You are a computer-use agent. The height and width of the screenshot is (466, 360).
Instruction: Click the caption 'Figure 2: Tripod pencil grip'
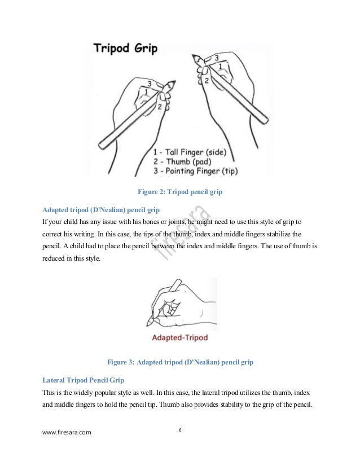180,192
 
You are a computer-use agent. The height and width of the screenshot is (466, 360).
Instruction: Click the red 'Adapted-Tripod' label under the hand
180,338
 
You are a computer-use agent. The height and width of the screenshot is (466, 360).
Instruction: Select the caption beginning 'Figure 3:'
180,362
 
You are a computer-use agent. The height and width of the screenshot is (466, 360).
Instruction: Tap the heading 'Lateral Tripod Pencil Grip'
84,380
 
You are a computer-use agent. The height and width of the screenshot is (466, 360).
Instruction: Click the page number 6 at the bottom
180,430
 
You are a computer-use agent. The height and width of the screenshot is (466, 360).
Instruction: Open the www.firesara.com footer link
67,433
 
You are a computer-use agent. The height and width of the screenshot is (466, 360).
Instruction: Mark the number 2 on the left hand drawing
160,106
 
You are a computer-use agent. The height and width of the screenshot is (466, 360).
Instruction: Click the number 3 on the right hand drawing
216,58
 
